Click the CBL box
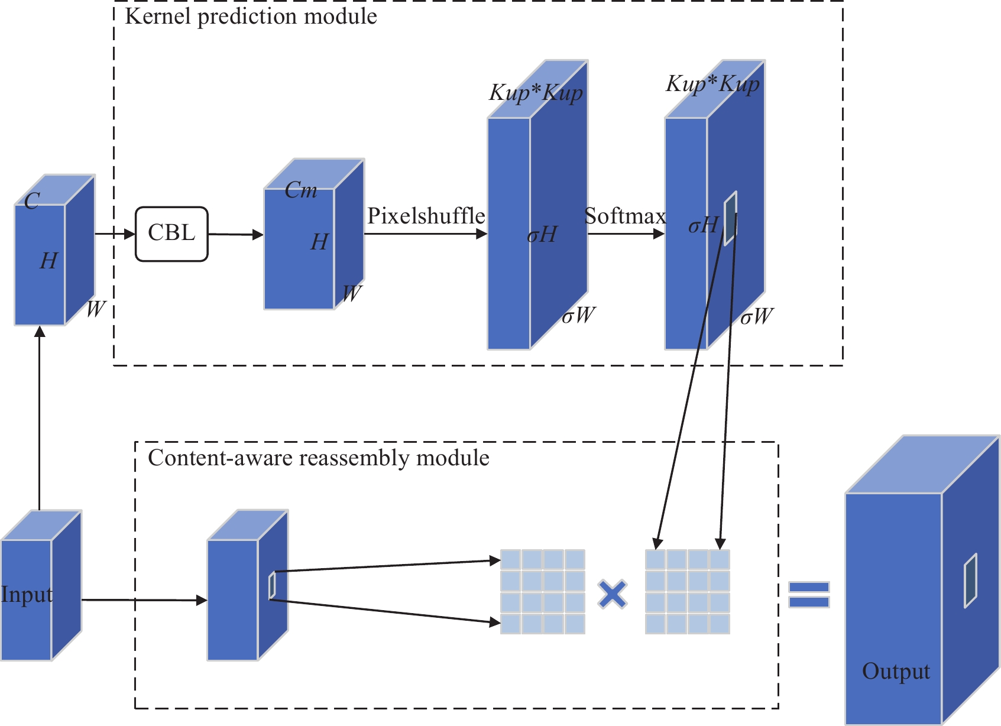tap(171, 234)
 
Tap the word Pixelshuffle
tap(426, 216)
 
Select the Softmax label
tap(625, 216)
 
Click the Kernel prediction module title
tap(251, 17)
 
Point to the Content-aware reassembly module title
tap(318, 458)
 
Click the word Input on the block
tap(27, 595)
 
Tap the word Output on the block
tap(895, 672)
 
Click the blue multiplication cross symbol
tap(613, 594)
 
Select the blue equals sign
tap(809, 594)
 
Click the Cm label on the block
tap(300, 190)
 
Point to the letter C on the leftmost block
tap(32, 202)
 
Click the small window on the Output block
tap(970, 581)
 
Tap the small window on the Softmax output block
tap(731, 218)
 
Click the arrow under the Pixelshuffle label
tap(425, 234)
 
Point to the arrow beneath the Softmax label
tap(626, 234)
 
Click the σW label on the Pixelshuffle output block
tap(578, 316)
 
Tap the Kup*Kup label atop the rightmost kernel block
tap(712, 85)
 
